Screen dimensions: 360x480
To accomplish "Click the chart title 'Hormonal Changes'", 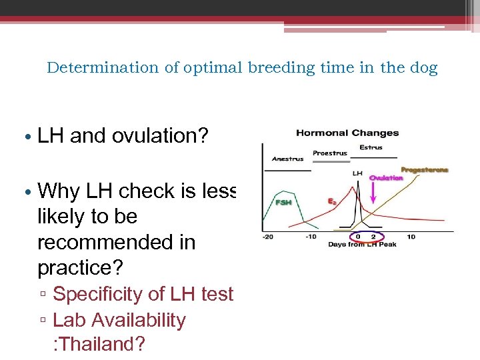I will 347,133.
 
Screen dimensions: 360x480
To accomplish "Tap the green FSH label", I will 283,202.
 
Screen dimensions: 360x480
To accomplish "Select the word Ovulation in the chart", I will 386,178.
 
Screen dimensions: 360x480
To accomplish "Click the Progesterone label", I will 424,169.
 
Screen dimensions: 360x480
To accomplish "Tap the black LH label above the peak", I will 357,173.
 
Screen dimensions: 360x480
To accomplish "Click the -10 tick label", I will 310,237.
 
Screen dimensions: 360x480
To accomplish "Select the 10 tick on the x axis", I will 411,237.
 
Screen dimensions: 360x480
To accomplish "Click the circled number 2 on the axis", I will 373,237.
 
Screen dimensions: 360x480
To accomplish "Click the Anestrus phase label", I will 287,159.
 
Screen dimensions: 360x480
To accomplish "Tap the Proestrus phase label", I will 330,153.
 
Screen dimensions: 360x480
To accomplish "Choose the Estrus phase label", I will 371,147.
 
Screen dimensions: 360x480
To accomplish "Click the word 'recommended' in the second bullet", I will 116,242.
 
